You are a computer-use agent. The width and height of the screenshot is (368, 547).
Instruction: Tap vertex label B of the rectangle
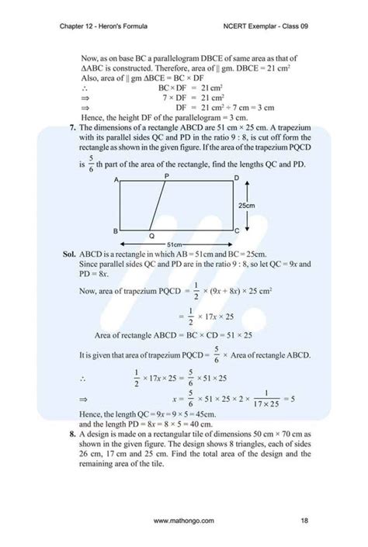pos(116,230)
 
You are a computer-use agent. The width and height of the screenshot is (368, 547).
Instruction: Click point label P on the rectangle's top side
pos(166,177)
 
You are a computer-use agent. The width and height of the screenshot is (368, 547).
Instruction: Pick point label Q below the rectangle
pos(151,236)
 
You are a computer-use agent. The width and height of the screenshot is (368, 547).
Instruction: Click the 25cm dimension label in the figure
pos(248,205)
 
